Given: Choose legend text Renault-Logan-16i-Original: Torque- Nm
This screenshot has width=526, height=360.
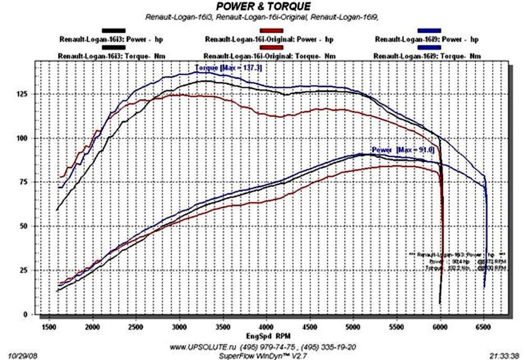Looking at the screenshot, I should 270,56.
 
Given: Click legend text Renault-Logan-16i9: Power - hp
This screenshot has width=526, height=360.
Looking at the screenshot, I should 427,39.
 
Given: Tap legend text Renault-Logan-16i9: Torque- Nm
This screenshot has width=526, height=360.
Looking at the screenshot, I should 427,56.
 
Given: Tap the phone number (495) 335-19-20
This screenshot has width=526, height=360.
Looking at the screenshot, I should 323,347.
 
